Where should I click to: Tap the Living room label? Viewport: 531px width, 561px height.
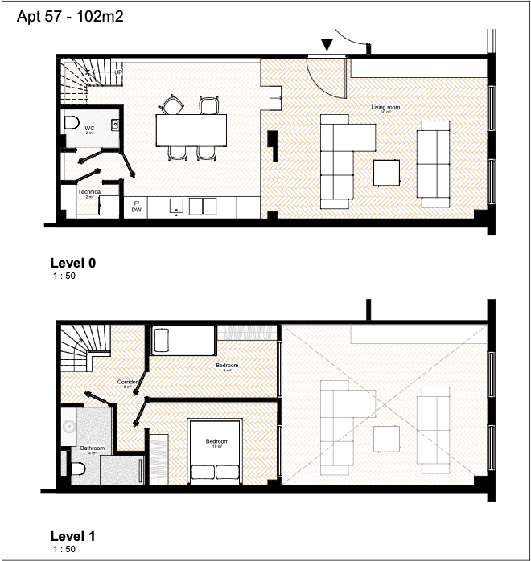pos(385,107)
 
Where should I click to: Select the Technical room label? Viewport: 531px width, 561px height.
pos(89,192)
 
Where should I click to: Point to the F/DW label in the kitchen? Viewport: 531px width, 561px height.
pos(136,207)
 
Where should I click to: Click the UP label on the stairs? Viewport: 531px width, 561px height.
pos(118,72)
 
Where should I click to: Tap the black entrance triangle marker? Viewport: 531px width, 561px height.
pos(327,45)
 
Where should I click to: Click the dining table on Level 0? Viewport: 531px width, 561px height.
pos(191,128)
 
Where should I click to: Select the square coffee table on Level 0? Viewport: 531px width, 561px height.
pos(387,172)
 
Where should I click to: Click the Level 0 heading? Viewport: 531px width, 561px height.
pos(73,263)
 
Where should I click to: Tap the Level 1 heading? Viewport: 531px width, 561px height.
pos(73,536)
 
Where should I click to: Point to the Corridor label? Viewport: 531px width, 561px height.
pos(127,382)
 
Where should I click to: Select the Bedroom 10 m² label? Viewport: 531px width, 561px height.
pos(217,442)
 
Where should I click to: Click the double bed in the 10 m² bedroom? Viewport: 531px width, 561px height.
pos(216,450)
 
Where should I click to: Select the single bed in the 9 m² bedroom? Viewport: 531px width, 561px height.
pos(183,340)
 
